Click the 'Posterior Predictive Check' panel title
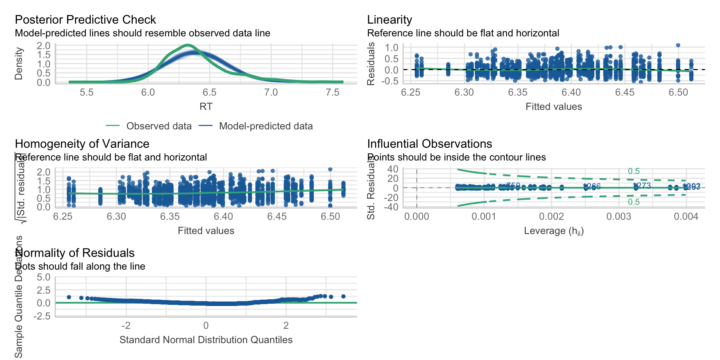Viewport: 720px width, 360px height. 85,19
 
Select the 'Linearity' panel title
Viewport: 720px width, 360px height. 389,19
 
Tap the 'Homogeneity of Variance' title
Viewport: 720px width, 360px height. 82,144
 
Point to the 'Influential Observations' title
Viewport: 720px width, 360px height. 429,144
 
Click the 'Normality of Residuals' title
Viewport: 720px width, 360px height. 75,253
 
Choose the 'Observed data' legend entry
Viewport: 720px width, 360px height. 159,126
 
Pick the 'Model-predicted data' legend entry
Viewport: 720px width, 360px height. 265,126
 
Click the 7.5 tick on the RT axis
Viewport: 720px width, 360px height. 333,93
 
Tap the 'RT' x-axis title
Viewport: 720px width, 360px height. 206,106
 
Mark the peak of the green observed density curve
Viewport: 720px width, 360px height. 187,45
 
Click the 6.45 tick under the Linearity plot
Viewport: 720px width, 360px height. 625,93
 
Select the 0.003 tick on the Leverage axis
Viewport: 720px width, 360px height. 619,217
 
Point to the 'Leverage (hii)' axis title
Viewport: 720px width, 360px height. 553,231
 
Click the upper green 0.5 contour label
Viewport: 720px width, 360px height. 634,171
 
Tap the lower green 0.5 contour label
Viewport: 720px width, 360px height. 634,202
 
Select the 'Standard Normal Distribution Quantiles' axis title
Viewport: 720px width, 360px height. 206,340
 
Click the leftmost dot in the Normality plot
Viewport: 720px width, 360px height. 69,297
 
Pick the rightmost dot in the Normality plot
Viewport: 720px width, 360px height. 343,296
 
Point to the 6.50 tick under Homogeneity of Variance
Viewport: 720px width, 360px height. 330,217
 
